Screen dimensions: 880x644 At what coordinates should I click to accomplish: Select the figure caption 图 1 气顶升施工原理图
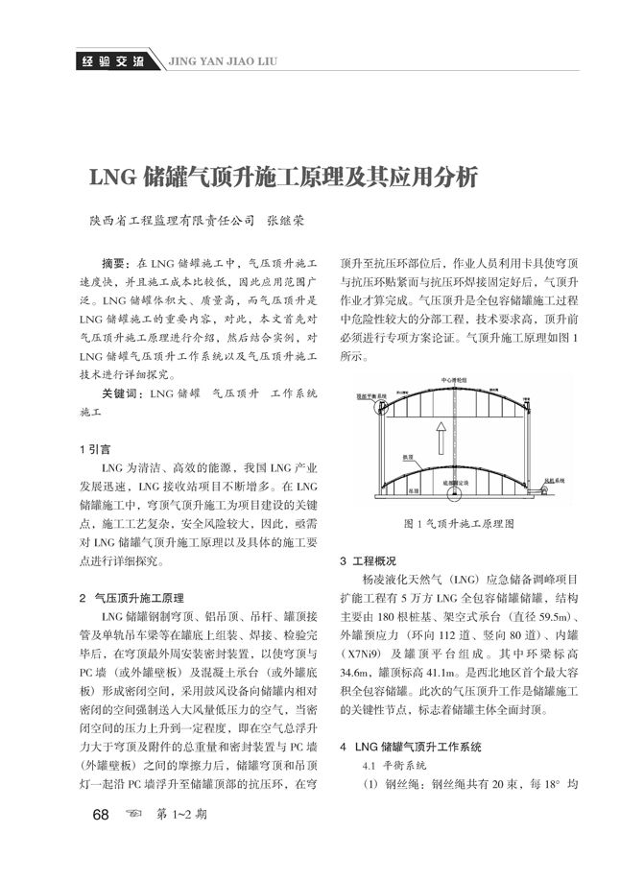[459, 525]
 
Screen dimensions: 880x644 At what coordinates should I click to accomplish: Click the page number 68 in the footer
[99, 815]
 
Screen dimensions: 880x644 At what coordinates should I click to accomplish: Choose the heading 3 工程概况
[369, 560]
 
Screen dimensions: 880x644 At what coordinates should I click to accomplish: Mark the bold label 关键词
[123, 393]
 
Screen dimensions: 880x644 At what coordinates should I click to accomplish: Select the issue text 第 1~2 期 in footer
[181, 815]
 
